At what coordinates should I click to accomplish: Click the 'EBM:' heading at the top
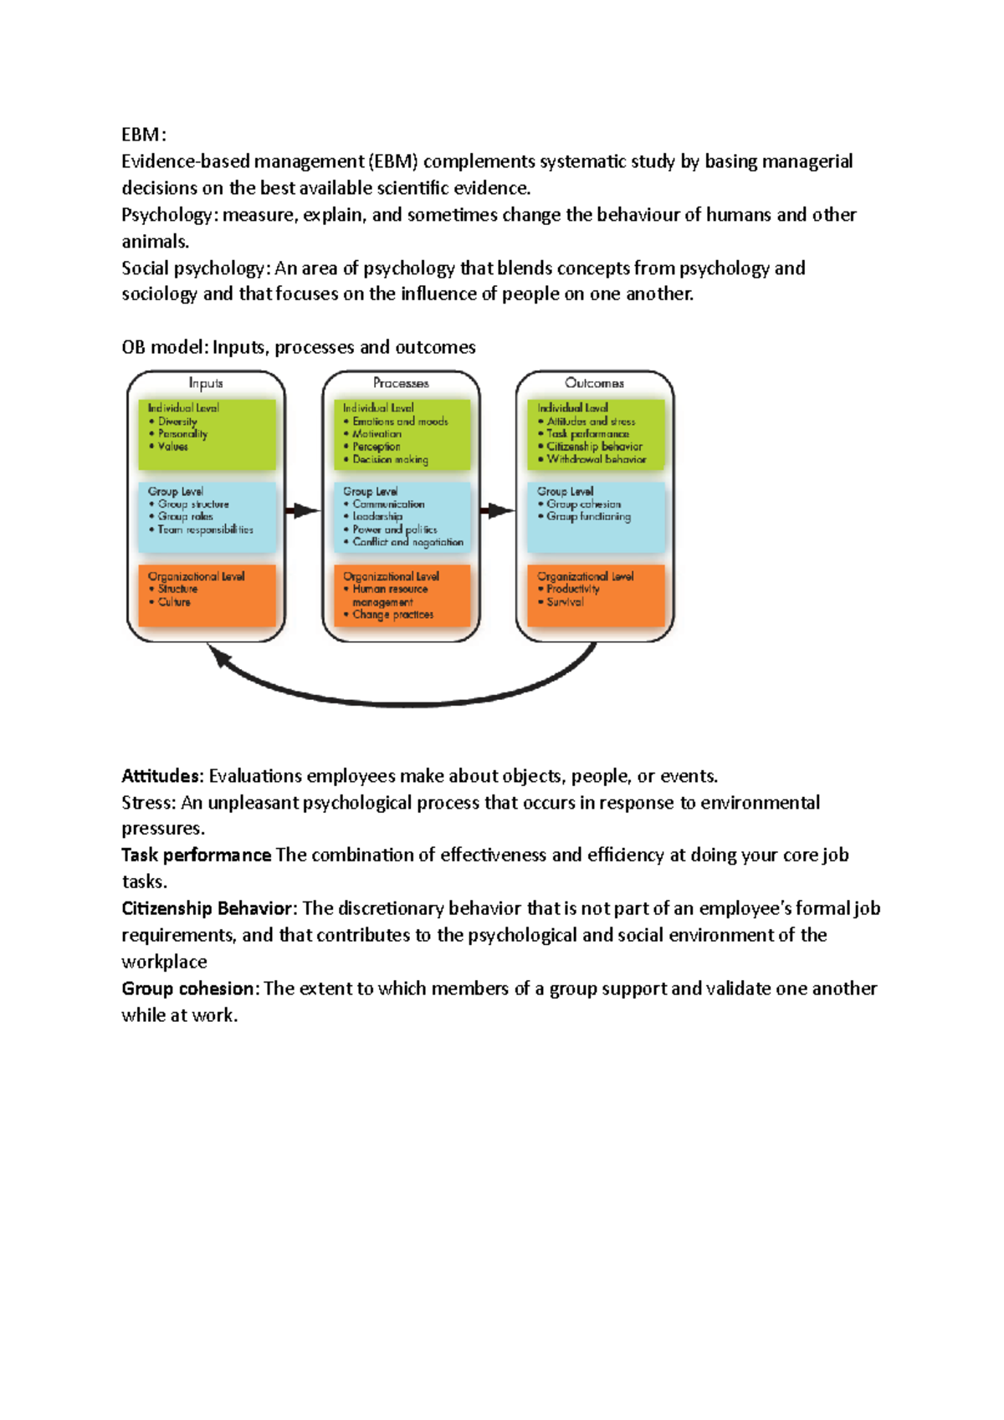pos(144,135)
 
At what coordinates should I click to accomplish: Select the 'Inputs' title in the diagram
pos(206,383)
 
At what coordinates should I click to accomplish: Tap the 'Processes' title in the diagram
pos(401,383)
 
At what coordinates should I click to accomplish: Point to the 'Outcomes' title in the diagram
pos(594,383)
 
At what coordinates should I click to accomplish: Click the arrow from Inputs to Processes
pos(303,510)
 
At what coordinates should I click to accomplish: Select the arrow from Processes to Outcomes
pos(498,510)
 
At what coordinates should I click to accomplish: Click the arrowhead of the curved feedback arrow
pos(219,656)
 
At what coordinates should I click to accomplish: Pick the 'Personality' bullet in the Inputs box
pos(182,434)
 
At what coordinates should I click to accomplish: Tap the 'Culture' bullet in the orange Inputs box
pos(174,602)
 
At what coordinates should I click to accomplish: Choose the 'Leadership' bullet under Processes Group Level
pos(377,517)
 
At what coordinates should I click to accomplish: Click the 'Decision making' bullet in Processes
pos(390,459)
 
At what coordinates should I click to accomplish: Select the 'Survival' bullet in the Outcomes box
pos(565,602)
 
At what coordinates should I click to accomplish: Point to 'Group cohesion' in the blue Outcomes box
pos(584,504)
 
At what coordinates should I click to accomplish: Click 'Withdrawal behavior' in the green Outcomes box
pos(596,459)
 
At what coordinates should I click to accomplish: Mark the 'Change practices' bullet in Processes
pos(392,615)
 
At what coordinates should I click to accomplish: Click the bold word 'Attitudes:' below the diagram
pos(162,776)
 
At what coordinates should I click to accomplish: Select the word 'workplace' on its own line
pos(164,962)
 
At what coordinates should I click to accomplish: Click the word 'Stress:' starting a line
pos(148,803)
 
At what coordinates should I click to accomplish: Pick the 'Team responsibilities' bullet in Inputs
pos(205,529)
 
